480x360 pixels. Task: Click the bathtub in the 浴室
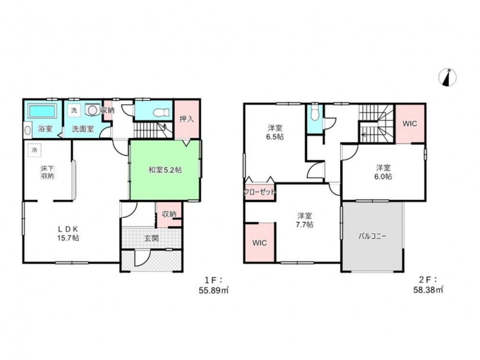point(42,111)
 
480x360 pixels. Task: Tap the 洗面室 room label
point(83,129)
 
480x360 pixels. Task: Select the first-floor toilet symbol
point(162,112)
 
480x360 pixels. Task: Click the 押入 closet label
point(186,119)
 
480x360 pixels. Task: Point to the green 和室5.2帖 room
point(165,170)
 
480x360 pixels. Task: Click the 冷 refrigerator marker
point(35,150)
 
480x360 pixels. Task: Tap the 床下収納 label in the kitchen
point(48,172)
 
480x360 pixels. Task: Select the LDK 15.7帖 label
point(68,233)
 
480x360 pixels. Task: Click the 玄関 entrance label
point(152,238)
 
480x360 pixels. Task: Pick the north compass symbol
point(447,77)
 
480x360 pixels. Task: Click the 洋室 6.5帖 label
point(275,132)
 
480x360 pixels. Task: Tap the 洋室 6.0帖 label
point(383,172)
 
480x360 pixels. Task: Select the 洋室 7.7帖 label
point(304,220)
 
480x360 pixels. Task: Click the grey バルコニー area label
point(372,236)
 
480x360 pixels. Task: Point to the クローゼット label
point(260,192)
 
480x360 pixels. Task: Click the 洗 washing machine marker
point(74,110)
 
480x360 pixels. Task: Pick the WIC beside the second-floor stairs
point(409,124)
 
